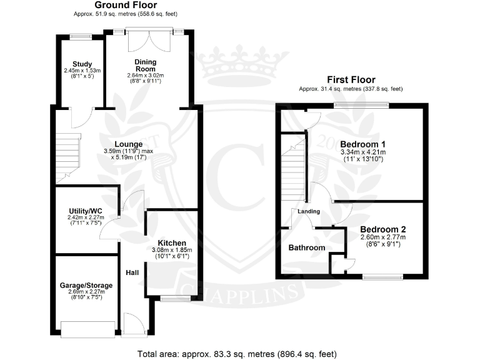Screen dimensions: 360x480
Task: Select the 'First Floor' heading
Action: pyautogui.click(x=351, y=79)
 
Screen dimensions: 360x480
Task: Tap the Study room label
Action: pyautogui.click(x=82, y=64)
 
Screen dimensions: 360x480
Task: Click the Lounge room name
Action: pyautogui.click(x=128, y=144)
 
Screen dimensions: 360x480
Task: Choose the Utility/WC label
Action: pyautogui.click(x=84, y=211)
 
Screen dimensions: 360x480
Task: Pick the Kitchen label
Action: pyautogui.click(x=171, y=242)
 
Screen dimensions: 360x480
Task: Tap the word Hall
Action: pyautogui.click(x=132, y=272)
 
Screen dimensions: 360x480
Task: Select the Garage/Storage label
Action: pyautogui.click(x=86, y=286)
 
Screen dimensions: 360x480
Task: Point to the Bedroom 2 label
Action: pyautogui.click(x=382, y=229)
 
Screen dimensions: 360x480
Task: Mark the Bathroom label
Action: pyautogui.click(x=306, y=248)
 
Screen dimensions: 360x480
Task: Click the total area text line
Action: pyautogui.click(x=239, y=353)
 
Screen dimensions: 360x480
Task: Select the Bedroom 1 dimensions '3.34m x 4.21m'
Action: pyautogui.click(x=363, y=152)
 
